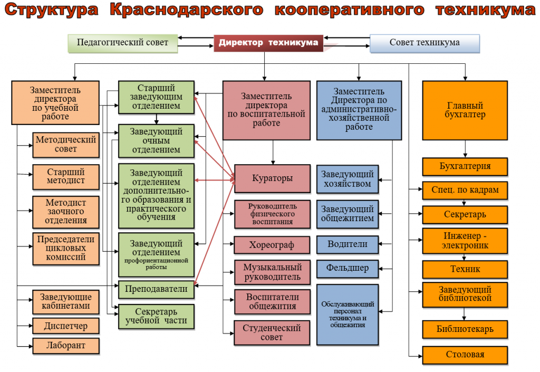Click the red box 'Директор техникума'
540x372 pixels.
coord(268,43)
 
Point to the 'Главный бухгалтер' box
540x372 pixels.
coord(465,110)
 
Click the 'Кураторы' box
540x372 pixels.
coord(272,178)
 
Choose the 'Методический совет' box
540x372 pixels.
coord(66,145)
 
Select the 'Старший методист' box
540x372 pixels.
coord(66,177)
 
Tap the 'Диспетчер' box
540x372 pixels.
coord(66,326)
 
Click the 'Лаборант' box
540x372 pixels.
coord(66,346)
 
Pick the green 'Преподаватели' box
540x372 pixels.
coord(156,289)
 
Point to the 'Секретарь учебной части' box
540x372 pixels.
coord(156,317)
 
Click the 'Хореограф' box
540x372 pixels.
coord(272,245)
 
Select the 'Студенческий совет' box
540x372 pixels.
coord(272,332)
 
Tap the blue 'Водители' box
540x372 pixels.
coord(348,245)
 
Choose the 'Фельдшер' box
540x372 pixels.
coord(348,268)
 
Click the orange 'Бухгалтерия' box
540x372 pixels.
coord(465,166)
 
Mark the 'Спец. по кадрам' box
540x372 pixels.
coord(465,190)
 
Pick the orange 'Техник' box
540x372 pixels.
coord(465,269)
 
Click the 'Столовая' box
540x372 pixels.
coord(465,355)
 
